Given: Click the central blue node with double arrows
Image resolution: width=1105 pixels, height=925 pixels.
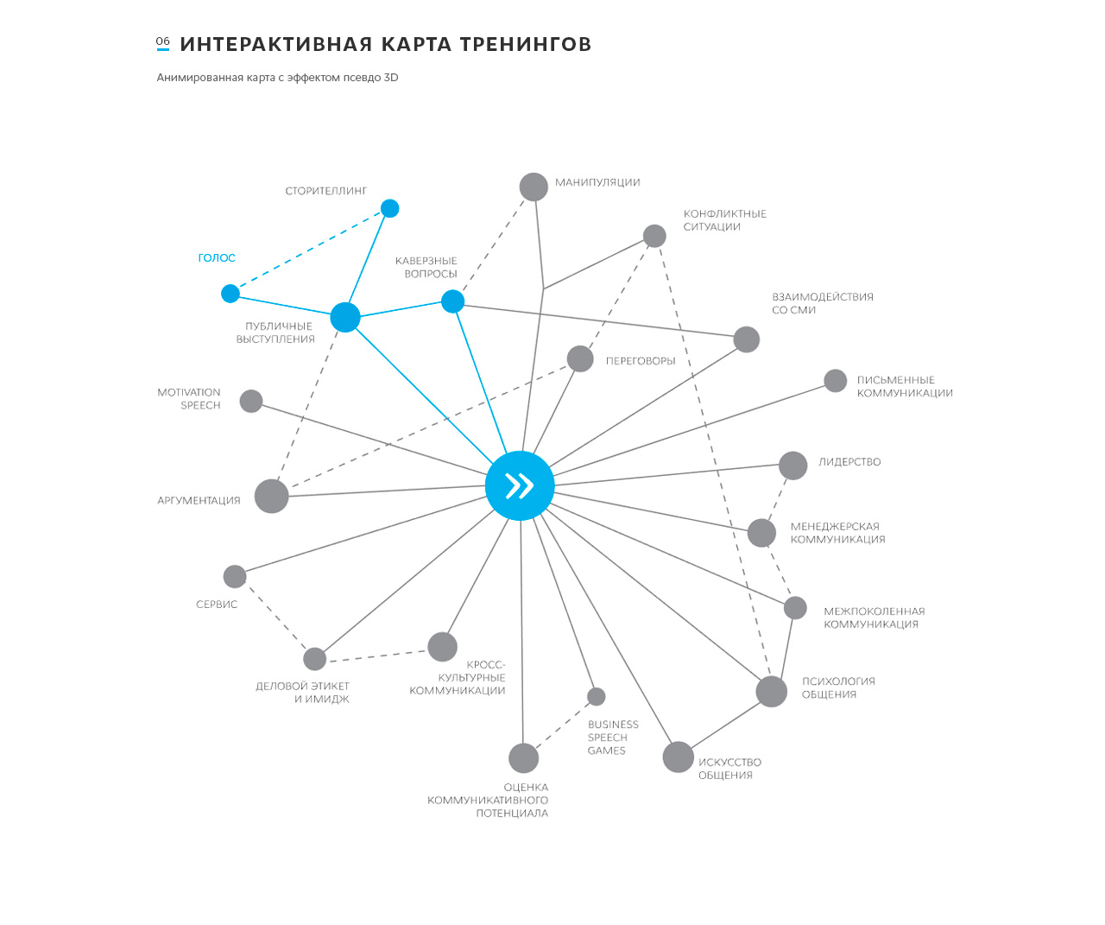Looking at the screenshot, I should (x=520, y=485).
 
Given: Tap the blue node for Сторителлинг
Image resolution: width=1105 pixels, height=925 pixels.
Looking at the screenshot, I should (x=390, y=208).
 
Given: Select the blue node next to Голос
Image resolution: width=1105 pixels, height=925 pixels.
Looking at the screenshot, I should (x=230, y=294).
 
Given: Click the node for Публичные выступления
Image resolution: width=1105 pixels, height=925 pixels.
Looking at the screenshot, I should (x=345, y=318).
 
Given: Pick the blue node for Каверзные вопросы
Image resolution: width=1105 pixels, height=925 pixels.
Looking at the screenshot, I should (x=453, y=301).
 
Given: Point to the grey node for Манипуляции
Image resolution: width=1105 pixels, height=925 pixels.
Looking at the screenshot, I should (x=534, y=187).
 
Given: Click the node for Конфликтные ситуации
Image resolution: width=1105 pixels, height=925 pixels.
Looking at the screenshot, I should (x=654, y=236).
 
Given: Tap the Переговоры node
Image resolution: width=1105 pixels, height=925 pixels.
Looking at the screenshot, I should (x=580, y=359).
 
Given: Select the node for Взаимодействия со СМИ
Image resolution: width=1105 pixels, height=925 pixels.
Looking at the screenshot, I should (x=747, y=339).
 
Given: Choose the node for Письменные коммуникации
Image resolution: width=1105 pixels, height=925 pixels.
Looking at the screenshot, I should (x=836, y=381).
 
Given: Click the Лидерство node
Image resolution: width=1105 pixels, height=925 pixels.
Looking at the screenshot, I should (x=793, y=466).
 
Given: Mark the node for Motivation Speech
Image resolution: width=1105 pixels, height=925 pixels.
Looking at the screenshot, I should (x=251, y=402).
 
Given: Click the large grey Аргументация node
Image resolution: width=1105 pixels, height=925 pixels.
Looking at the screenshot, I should (x=272, y=497).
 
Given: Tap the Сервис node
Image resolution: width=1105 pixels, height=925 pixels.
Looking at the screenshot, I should (x=235, y=577).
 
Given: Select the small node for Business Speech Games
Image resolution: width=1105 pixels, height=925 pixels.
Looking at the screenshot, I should (x=597, y=696).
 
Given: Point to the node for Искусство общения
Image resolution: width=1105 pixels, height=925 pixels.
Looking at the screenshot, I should (x=679, y=757).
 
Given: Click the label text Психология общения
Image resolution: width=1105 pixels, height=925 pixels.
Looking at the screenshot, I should (x=838, y=687).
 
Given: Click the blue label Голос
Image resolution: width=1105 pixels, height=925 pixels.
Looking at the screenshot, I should (x=217, y=258).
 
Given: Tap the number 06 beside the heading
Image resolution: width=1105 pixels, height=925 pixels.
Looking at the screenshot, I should (x=163, y=41).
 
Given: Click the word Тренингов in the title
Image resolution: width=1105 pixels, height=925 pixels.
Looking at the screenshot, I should (x=526, y=45).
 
